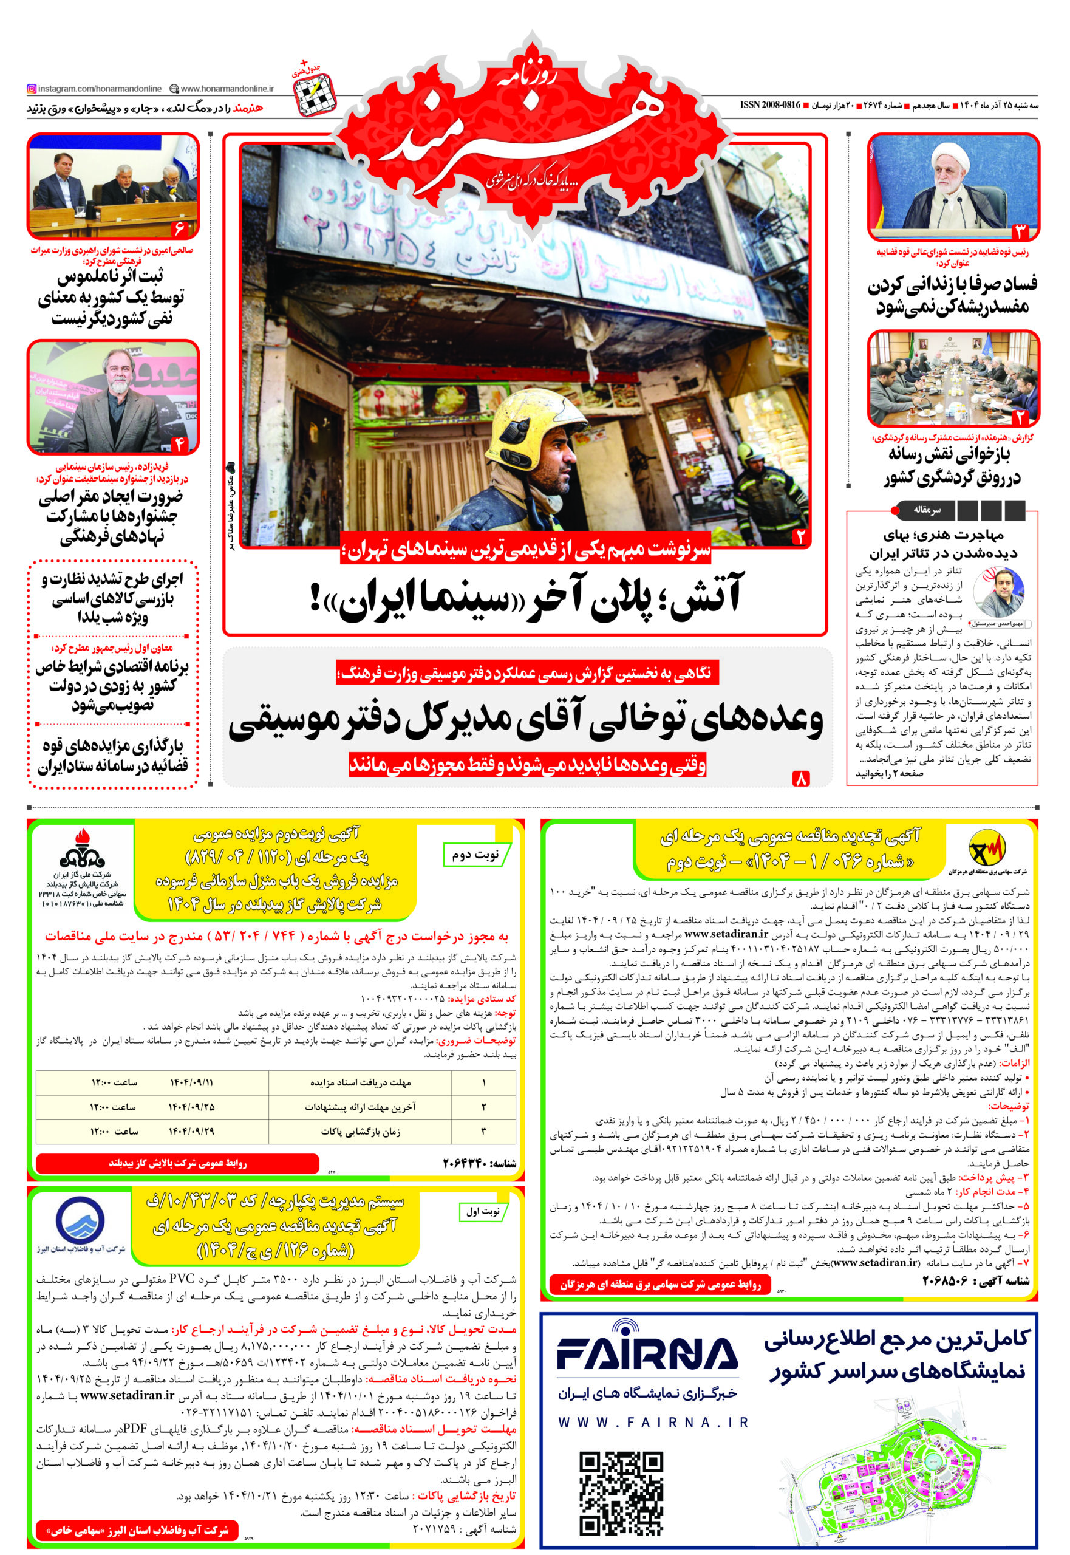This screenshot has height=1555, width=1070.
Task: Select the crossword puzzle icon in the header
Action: point(315,94)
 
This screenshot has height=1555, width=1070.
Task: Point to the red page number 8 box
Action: point(801,778)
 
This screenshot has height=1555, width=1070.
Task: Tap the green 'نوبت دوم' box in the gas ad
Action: point(477,855)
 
